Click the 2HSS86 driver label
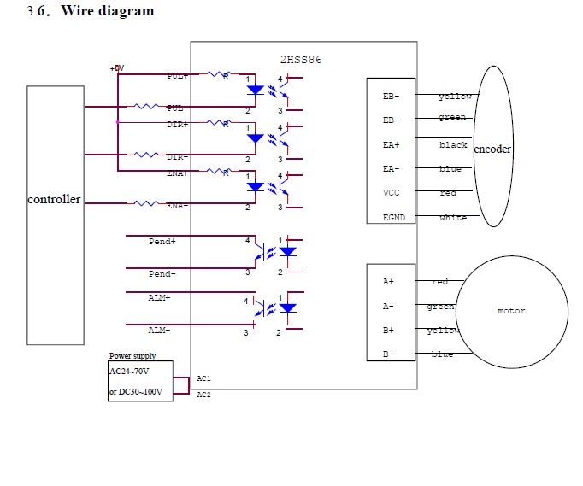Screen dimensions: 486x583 pyautogui.click(x=301, y=60)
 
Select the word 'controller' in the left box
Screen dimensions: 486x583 pyautogui.click(x=55, y=200)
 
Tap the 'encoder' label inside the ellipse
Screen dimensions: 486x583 pyautogui.click(x=492, y=149)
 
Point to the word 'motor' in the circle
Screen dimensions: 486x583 pyautogui.click(x=511, y=311)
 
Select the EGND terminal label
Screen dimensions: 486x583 pyautogui.click(x=394, y=218)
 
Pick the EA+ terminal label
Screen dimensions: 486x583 pyautogui.click(x=392, y=145)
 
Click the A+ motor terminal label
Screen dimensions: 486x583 pyautogui.click(x=388, y=281)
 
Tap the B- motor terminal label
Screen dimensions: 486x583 pyautogui.click(x=388, y=354)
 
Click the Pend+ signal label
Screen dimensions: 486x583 pyautogui.click(x=162, y=242)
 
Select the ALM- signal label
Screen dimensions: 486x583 pyautogui.click(x=159, y=330)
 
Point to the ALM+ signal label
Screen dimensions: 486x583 pyautogui.click(x=159, y=298)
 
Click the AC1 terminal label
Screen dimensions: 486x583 pyautogui.click(x=203, y=378)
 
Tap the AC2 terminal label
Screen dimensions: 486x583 pyautogui.click(x=203, y=395)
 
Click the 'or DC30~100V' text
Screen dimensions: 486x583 pyautogui.click(x=139, y=392)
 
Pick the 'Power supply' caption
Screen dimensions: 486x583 pyautogui.click(x=132, y=356)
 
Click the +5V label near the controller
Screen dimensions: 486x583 pyautogui.click(x=117, y=68)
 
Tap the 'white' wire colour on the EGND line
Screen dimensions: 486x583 pyautogui.click(x=453, y=218)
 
